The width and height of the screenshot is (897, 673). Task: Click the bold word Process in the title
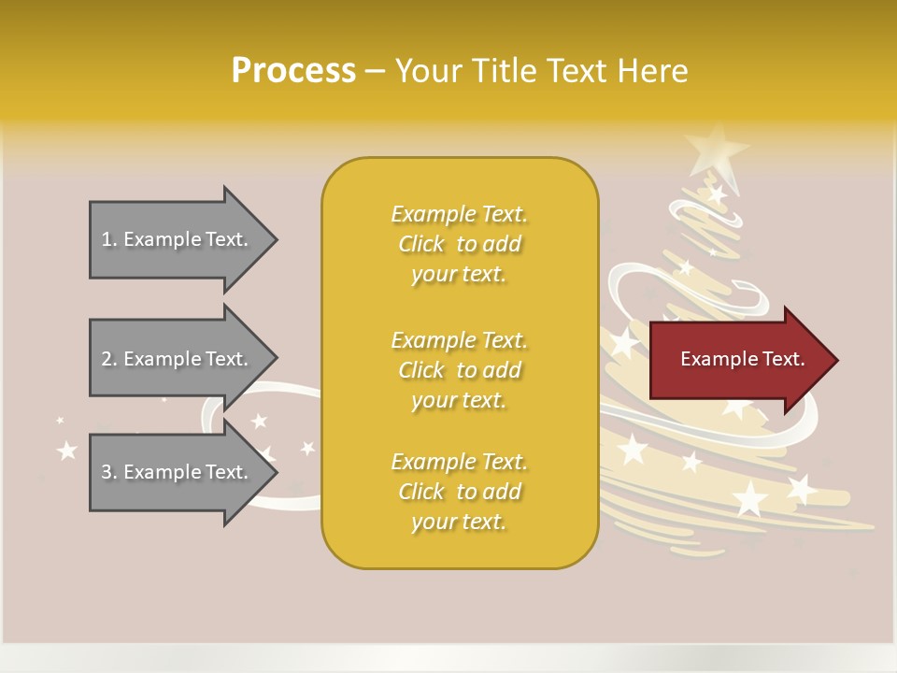point(293,71)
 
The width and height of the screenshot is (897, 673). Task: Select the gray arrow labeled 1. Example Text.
point(178,239)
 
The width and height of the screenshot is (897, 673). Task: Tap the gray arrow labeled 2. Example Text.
point(178,359)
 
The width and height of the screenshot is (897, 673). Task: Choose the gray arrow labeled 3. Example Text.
point(178,472)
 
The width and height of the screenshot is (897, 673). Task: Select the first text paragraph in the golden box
point(459,244)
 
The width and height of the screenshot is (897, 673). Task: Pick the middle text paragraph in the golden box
point(459,370)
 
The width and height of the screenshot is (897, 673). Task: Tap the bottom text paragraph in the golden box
point(459,492)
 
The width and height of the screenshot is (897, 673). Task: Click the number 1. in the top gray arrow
point(109,239)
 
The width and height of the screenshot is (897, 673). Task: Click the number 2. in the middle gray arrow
point(109,359)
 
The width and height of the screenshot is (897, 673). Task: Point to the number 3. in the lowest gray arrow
point(109,472)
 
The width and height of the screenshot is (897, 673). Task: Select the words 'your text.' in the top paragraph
point(459,275)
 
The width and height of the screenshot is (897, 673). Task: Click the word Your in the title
point(427,71)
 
